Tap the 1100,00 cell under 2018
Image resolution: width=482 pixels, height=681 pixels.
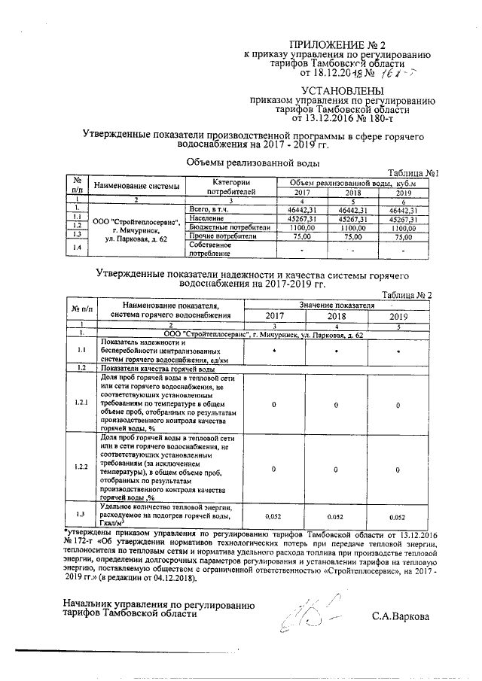[353, 227]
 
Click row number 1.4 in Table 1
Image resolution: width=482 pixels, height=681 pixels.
[76, 248]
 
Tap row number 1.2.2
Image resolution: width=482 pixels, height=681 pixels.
[81, 467]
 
